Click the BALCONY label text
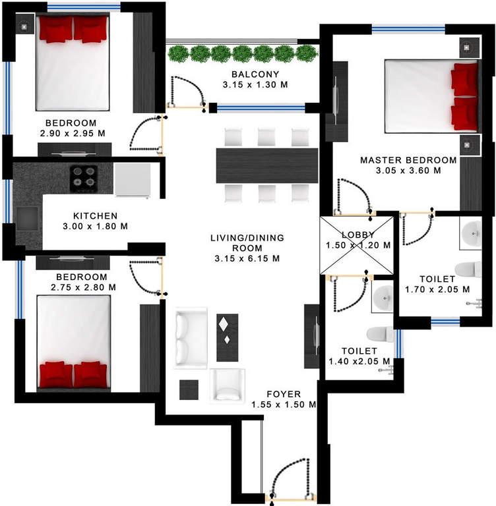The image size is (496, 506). point(256,74)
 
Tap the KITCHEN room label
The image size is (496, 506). point(95,215)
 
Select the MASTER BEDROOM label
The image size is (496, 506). point(408,160)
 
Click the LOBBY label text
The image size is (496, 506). point(358,235)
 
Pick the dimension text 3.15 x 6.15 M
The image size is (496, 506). point(247,259)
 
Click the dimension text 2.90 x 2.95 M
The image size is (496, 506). point(71,134)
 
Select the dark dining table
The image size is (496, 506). point(267,165)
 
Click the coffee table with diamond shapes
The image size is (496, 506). point(228,337)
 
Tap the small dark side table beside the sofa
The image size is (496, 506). point(189,389)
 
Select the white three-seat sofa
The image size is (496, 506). point(191,337)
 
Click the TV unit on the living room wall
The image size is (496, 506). point(311,336)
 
